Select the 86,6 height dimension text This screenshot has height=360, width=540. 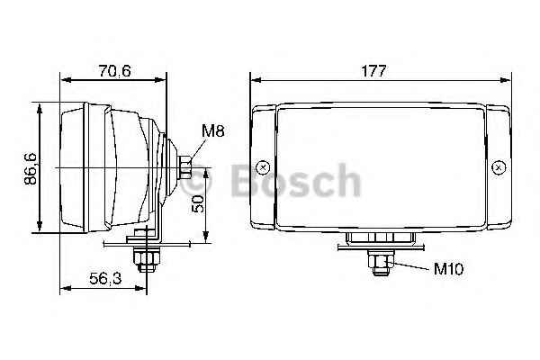pos(31,168)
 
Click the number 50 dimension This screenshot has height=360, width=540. pos(198,204)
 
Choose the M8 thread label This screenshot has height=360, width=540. pos(212,131)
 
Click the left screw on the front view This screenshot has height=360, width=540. pos(262,166)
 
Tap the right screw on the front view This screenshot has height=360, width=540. pos(498,166)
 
